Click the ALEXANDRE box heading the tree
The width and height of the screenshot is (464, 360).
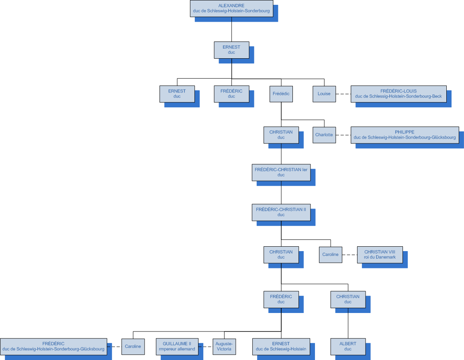pos(231,8)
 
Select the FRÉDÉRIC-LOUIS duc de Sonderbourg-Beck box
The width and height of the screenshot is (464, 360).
pos(399,94)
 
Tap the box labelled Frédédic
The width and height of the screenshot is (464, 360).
pos(281,94)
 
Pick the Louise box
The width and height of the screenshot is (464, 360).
pos(324,94)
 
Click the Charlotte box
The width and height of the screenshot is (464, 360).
pos(324,135)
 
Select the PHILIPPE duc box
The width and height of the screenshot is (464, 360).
pos(405,135)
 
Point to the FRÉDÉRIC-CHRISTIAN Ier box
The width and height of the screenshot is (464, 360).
pos(281,172)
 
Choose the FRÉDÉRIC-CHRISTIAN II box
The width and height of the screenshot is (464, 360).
pos(281,212)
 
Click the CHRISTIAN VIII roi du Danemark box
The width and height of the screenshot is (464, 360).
pos(380,254)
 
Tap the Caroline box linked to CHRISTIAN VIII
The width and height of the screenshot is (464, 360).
pos(331,254)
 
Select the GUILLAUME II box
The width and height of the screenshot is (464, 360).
pos(177,346)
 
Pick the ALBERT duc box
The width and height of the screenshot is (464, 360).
pos(348,346)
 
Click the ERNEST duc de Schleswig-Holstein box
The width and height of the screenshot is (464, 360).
pos(281,346)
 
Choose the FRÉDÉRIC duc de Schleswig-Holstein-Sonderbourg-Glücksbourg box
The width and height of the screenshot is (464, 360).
pos(53,346)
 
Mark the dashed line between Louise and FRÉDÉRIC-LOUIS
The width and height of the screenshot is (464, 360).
pos(343,94)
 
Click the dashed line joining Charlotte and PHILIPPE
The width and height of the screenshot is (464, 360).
pos(343,135)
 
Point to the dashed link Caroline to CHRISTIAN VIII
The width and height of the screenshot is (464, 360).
pos(350,255)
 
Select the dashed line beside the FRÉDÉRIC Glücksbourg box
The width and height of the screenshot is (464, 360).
pos(114,346)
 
